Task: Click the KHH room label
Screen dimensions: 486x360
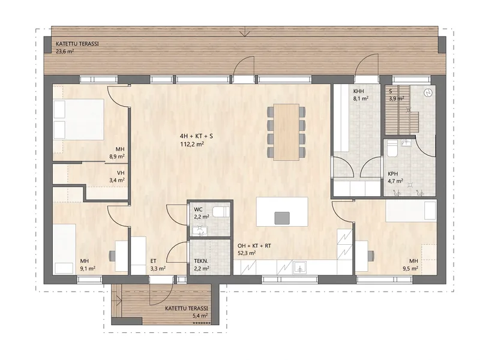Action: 358,91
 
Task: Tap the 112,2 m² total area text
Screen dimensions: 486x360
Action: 192,144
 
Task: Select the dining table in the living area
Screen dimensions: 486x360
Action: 286,132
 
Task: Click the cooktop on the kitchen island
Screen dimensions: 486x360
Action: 282,218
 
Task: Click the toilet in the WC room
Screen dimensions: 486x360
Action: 223,212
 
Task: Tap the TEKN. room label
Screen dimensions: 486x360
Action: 201,261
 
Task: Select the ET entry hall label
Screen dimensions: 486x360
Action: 153,262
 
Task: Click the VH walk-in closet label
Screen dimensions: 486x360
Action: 121,173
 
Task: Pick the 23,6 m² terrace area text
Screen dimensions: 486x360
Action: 65,51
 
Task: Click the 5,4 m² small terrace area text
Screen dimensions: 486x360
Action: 200,316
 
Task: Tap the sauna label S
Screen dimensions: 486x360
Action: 391,91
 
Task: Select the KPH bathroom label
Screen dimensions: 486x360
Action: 393,174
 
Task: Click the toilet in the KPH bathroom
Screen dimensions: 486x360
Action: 392,150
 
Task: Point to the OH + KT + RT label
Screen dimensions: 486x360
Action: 254,246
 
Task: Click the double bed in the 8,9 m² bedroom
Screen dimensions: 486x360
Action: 79,119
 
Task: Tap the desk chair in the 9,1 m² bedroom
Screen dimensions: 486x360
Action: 112,256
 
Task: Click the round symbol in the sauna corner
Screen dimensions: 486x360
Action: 428,92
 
